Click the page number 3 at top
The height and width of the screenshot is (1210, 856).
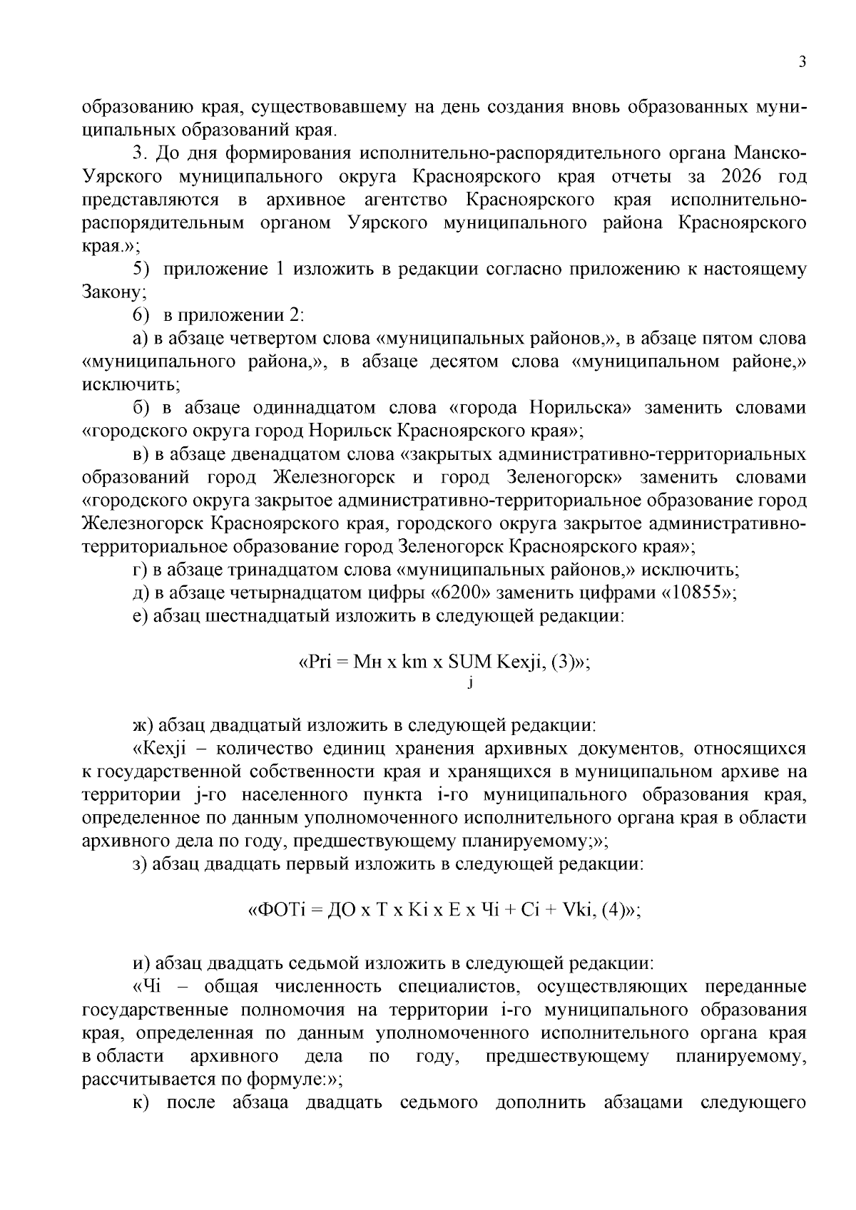point(802,62)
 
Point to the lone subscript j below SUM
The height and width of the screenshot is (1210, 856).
point(471,684)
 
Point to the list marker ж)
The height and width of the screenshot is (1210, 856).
point(143,726)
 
